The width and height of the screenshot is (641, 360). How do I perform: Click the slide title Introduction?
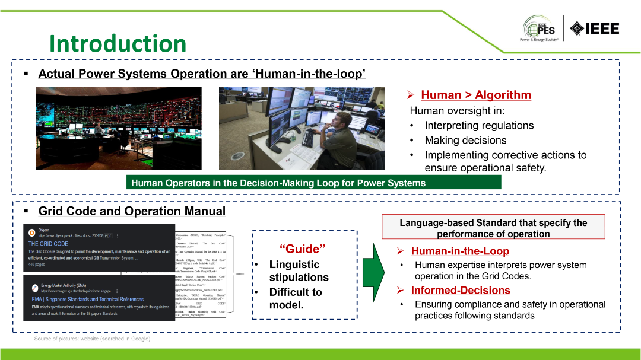(x=118, y=43)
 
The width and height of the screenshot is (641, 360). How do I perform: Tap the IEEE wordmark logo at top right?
(x=594, y=28)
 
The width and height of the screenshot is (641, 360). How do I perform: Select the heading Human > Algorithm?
(x=475, y=95)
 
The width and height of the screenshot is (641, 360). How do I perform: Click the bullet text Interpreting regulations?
(x=478, y=125)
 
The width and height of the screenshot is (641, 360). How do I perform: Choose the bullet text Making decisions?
(x=465, y=140)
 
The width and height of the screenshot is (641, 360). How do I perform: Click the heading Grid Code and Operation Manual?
(x=132, y=211)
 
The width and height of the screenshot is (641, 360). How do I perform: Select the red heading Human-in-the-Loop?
(x=460, y=251)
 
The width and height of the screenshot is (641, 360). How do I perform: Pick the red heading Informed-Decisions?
(x=461, y=290)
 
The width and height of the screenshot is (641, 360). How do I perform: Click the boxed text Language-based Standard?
(x=493, y=228)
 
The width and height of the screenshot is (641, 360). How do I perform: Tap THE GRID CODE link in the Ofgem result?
(x=48, y=244)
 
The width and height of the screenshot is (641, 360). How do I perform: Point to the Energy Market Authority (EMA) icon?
(x=33, y=288)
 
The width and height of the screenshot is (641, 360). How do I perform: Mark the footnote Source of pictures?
(x=92, y=339)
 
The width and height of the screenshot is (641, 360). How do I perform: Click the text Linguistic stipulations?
(x=299, y=270)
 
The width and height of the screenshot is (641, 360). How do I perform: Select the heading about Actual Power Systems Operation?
(x=201, y=74)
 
